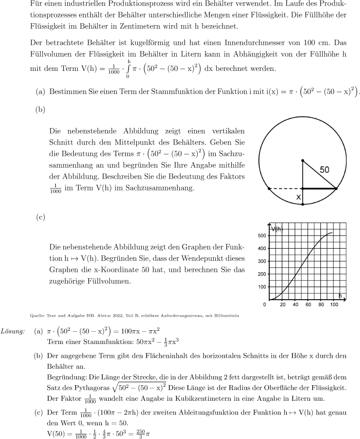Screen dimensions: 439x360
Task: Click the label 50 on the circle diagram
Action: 325,169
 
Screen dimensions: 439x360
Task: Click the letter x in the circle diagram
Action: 299,197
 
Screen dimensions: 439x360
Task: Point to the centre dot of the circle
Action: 303,161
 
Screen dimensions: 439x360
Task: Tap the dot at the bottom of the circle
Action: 303,204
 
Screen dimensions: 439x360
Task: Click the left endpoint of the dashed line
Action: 269,189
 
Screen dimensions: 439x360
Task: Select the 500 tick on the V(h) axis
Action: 261,235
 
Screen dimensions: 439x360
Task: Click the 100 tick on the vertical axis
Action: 261,287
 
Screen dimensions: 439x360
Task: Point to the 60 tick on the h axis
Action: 308,305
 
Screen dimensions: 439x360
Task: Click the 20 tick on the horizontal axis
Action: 282,305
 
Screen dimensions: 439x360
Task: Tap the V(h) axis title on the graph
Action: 277,229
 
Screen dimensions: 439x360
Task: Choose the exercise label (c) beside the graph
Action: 41,217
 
